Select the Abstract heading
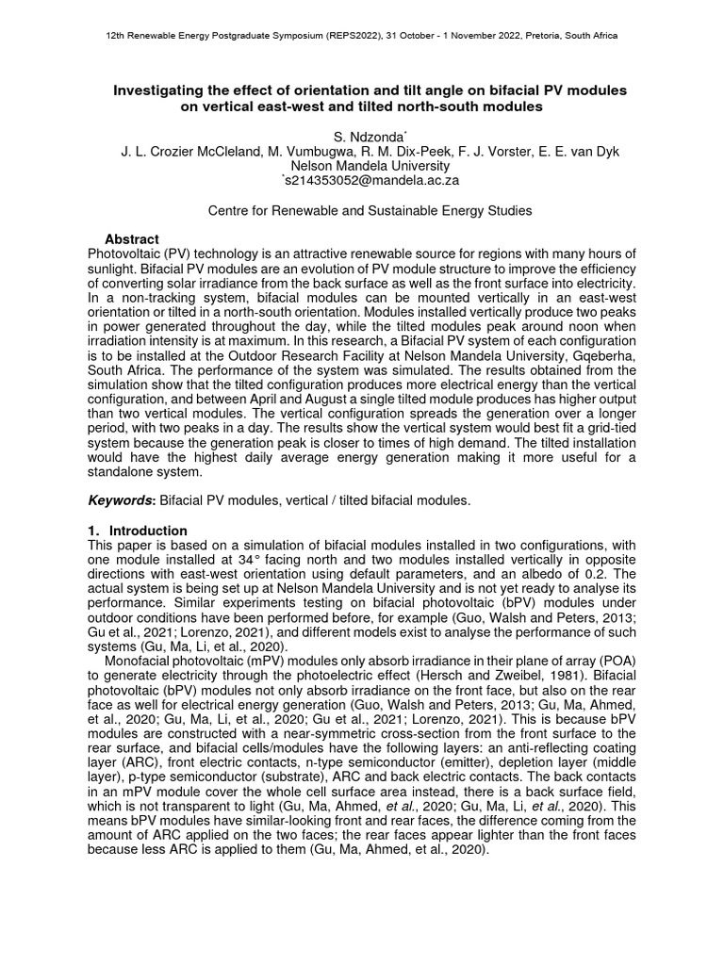[x=131, y=239]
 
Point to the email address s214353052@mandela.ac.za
[x=362, y=179]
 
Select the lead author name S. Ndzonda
[x=361, y=138]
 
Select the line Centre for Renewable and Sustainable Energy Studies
[x=370, y=211]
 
